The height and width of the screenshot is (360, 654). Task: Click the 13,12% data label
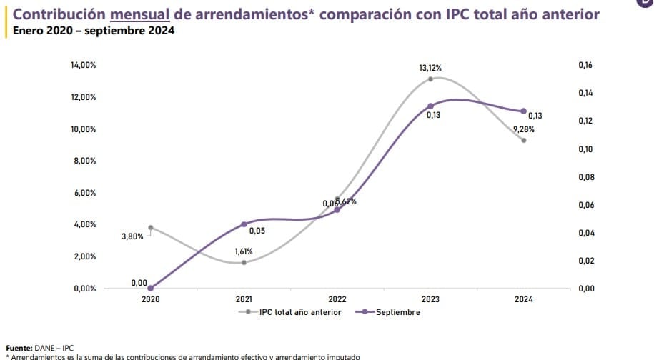pos(430,68)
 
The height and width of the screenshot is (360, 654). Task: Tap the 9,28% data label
pos(524,129)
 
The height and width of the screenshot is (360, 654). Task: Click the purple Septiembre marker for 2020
pos(150,288)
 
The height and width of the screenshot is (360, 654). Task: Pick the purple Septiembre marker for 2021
pos(244,224)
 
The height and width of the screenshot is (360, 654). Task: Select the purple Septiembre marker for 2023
pos(430,106)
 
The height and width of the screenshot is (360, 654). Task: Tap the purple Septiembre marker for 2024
pos(524,111)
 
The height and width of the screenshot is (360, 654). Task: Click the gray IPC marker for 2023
pos(430,79)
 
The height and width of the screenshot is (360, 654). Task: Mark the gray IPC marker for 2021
pos(244,262)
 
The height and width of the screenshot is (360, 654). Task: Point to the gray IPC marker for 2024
pos(524,140)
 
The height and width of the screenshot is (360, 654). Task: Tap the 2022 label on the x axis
pos(337,300)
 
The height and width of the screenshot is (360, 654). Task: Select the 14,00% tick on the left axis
pos(84,66)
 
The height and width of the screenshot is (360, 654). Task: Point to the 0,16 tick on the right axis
pos(585,66)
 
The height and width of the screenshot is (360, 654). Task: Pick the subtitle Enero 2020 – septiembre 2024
pos(89,31)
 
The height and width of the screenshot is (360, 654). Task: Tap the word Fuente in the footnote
pos(19,347)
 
